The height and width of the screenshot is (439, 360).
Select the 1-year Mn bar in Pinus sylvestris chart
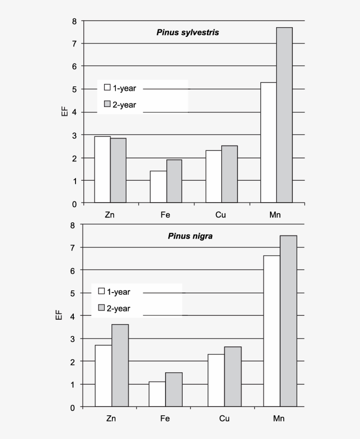pyautogui.click(x=268, y=143)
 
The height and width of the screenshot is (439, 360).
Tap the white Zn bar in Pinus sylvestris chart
pyautogui.click(x=102, y=170)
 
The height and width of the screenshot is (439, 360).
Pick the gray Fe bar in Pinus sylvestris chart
pyautogui.click(x=174, y=181)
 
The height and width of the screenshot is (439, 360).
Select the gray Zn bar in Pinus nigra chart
pyautogui.click(x=120, y=365)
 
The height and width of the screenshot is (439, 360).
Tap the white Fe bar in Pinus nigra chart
pyautogui.click(x=157, y=394)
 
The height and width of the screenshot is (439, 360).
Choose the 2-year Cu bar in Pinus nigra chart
pyautogui.click(x=233, y=377)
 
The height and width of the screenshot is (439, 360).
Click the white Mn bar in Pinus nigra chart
pyautogui.click(x=272, y=331)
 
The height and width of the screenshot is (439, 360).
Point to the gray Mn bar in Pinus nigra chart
pyautogui.click(x=288, y=321)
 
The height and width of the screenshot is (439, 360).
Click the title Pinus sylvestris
pyautogui.click(x=187, y=32)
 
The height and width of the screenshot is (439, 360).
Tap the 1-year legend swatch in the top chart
pyautogui.click(x=107, y=87)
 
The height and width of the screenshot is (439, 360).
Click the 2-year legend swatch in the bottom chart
pyautogui.click(x=101, y=307)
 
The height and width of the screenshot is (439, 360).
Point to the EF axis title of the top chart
pyautogui.click(x=64, y=112)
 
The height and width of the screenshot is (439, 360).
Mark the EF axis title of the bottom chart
pyautogui.click(x=58, y=316)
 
